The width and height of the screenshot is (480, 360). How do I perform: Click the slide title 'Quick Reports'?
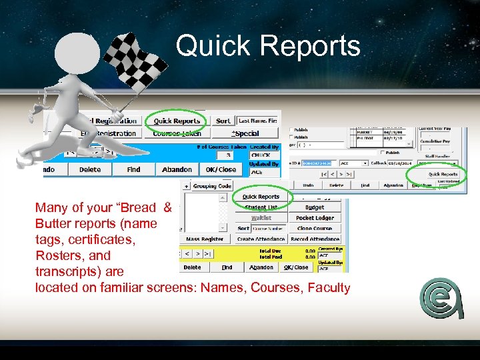click(268, 47)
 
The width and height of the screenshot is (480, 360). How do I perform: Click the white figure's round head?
click(77, 56)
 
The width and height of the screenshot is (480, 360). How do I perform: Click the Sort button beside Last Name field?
click(223, 121)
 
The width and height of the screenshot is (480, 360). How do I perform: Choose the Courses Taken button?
click(177, 133)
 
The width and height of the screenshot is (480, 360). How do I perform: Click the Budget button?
click(315, 207)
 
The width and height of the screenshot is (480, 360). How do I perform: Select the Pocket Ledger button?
click(315, 218)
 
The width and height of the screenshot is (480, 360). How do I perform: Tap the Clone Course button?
click(315, 228)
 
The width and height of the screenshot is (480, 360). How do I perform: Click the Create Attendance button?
click(261, 239)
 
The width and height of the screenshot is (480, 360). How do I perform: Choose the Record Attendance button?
click(315, 239)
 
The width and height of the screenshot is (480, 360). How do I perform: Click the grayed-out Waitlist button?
click(261, 218)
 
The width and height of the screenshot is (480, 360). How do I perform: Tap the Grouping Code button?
click(212, 186)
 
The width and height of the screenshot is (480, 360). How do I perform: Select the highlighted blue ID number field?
click(316, 163)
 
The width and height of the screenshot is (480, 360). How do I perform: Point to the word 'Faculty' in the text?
click(327, 288)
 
